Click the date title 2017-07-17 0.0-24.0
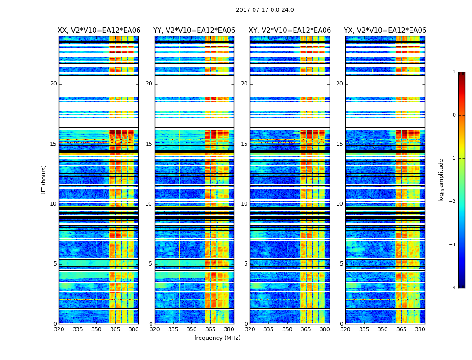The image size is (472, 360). click(x=265, y=10)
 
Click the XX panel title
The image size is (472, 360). click(x=99, y=31)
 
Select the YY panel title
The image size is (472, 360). click(x=194, y=31)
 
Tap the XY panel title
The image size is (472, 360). click(x=290, y=31)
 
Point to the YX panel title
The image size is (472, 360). click(x=385, y=31)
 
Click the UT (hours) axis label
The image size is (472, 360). click(x=44, y=180)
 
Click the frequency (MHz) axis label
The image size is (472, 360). click(x=217, y=338)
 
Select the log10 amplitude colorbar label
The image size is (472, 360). click(x=441, y=180)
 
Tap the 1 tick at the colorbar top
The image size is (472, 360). click(x=454, y=72)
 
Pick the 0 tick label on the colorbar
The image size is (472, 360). click(x=454, y=115)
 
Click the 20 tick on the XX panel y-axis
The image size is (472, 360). click(x=53, y=84)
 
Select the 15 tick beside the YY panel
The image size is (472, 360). click(x=149, y=144)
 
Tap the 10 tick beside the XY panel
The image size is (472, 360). click(x=244, y=204)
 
